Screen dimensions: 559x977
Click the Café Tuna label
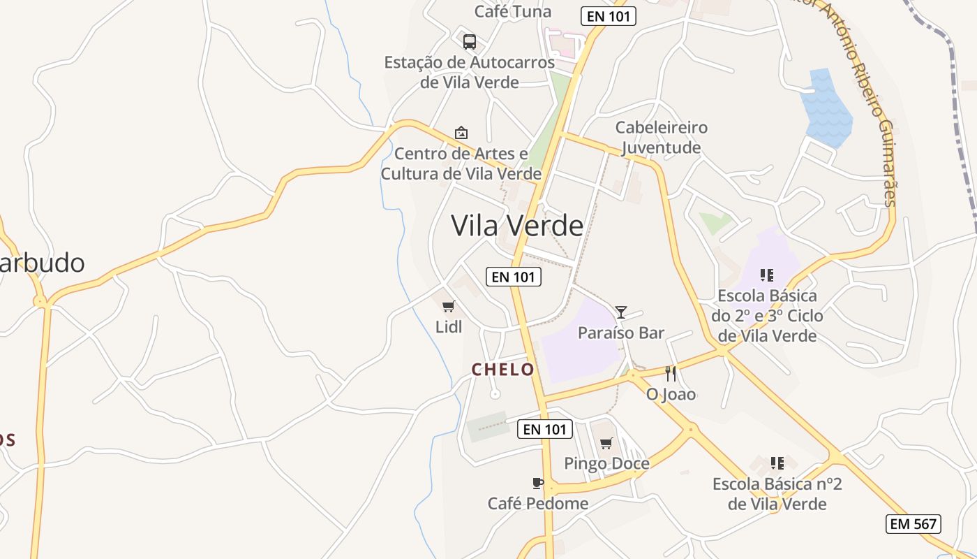coord(513,11)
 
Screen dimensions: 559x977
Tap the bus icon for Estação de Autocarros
coord(470,41)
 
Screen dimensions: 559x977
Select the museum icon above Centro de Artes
coord(461,132)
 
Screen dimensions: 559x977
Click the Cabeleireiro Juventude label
coord(661,138)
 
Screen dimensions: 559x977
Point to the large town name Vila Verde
coord(517,225)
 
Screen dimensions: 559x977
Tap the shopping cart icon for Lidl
coord(449,306)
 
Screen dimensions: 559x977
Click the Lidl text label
coord(449,326)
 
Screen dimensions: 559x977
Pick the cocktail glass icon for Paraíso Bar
coord(621,312)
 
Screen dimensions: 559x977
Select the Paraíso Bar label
coord(621,333)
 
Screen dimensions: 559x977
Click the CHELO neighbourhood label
coord(503,370)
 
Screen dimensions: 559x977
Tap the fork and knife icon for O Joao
coord(671,374)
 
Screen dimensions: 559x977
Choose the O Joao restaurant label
coord(671,394)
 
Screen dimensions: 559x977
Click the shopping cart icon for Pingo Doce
coord(606,443)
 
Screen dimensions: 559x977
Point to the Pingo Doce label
coord(606,463)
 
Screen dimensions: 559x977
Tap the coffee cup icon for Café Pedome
coord(537,483)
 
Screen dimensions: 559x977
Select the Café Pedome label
coord(537,503)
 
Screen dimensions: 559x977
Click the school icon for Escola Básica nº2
coord(777,463)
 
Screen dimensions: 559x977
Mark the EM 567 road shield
coord(913,524)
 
